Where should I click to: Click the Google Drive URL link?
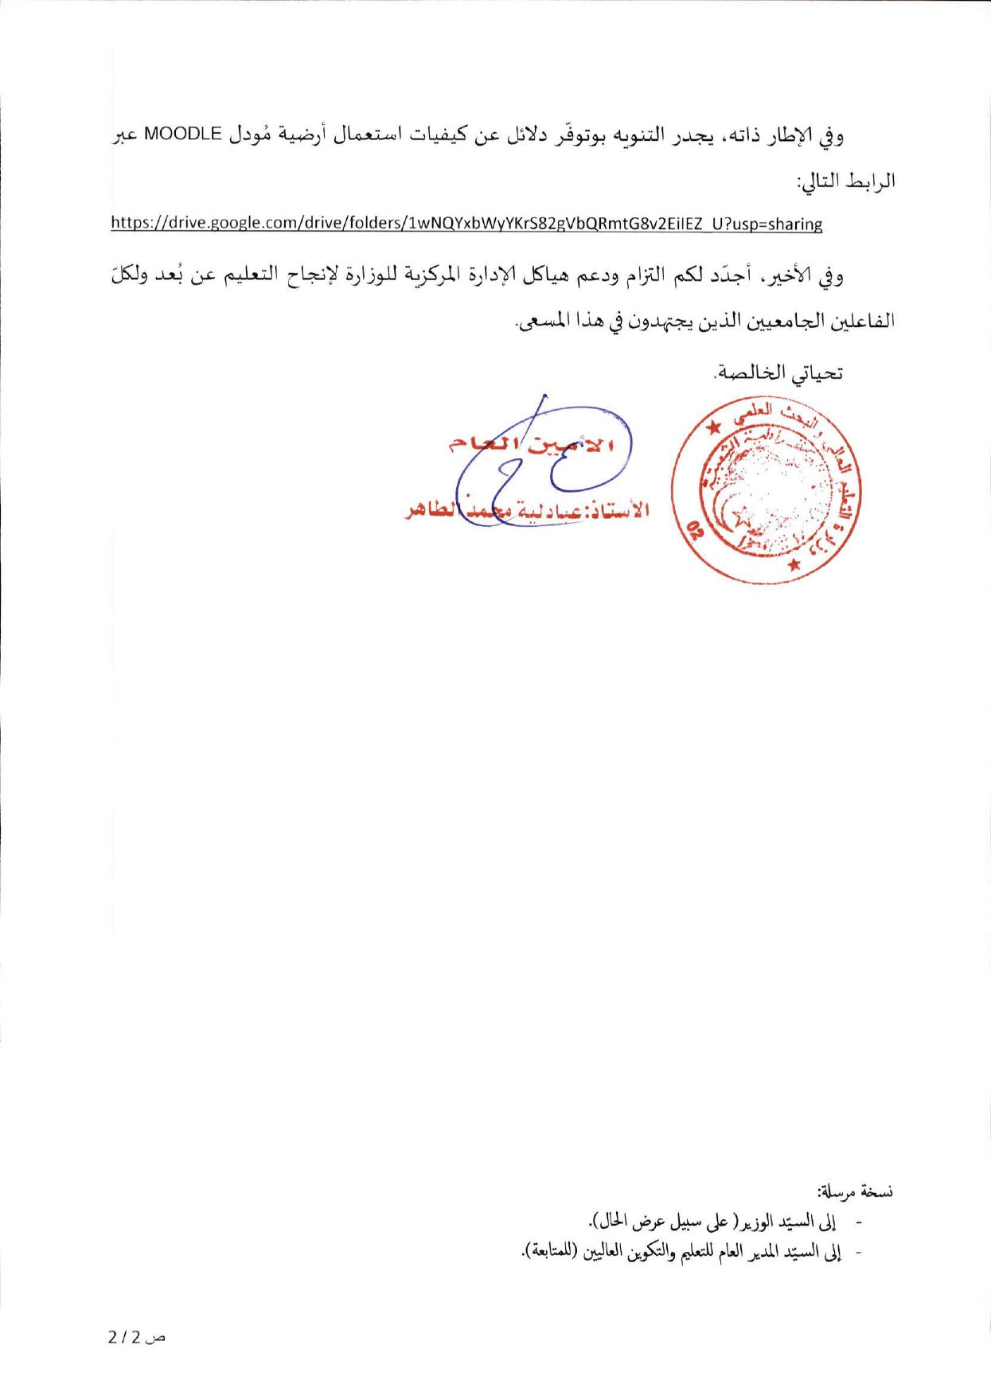(x=466, y=224)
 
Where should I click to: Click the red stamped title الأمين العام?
(x=531, y=444)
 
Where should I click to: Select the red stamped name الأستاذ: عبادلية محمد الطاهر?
(x=527, y=510)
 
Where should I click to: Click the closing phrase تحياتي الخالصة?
(x=779, y=372)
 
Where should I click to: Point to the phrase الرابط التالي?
(x=847, y=181)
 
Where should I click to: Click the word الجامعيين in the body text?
(x=788, y=321)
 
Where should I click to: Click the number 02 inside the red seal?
(x=696, y=529)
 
